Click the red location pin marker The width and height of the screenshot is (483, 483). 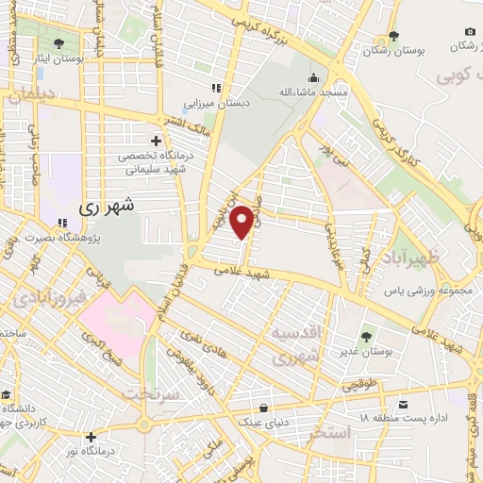242,221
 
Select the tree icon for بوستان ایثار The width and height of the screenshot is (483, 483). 59,43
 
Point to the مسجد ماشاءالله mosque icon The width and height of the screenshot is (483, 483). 313,78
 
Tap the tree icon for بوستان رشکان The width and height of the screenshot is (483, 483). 392,37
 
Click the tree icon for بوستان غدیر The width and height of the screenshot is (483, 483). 366,335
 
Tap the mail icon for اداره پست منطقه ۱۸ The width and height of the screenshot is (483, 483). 403,405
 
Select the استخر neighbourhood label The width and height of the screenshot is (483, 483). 328,433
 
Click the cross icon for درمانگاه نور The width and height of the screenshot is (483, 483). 91,437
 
